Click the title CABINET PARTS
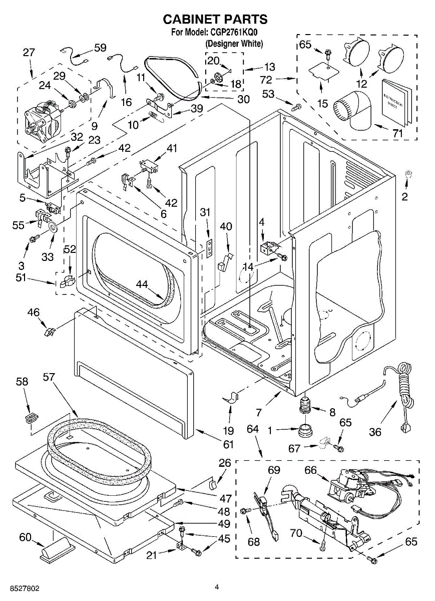point(215,20)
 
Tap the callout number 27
point(29,53)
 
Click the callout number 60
point(25,537)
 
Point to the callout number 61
point(228,444)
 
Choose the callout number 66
point(310,470)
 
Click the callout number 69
point(274,470)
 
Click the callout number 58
point(22,382)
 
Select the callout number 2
point(404,197)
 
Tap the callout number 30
point(243,99)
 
